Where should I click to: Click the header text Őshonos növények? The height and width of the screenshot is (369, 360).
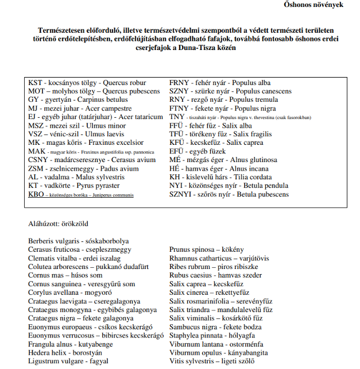(313, 5)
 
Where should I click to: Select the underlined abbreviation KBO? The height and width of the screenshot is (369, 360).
(36, 195)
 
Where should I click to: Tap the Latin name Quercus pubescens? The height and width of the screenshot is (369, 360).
(132, 91)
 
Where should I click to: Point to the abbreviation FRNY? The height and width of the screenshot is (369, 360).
(179, 83)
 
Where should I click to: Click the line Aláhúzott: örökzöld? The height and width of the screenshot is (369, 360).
(59, 224)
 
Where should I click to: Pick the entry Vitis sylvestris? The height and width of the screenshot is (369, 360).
(192, 362)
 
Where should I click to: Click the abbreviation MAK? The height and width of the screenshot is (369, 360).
(37, 152)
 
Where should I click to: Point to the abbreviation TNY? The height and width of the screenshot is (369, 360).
(176, 117)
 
